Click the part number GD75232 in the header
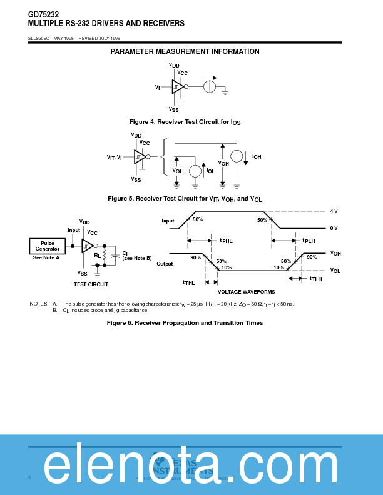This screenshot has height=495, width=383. pos(43,14)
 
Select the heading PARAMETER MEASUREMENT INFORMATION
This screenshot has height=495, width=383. pos(185,51)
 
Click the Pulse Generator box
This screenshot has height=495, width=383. pos(48,246)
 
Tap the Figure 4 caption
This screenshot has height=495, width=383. pos(185,121)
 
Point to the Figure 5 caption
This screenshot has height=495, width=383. pos(185,199)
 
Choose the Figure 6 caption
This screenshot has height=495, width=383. pos(185,323)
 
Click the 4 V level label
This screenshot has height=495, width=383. pos(334,211)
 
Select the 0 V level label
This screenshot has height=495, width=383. pos(334,228)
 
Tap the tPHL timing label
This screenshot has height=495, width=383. pos(226,241)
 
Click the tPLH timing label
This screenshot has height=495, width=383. pos(309,241)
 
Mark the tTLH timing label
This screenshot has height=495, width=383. pos(315,279)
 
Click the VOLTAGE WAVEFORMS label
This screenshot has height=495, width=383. pos(246,292)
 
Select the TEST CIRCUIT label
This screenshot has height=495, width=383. pos(91,284)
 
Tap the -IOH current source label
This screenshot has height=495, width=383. pos(255,156)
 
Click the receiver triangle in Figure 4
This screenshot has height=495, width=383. pos(177,87)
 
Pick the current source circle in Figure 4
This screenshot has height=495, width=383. pos(210,87)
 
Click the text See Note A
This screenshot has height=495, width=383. pos(46,257)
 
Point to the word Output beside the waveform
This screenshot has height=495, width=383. pos(165,264)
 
